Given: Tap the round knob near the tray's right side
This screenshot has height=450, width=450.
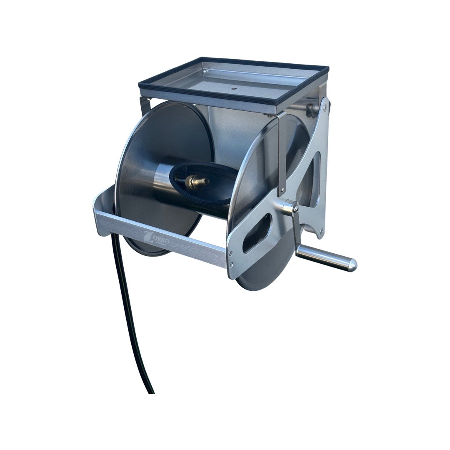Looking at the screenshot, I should (x=312, y=109).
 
